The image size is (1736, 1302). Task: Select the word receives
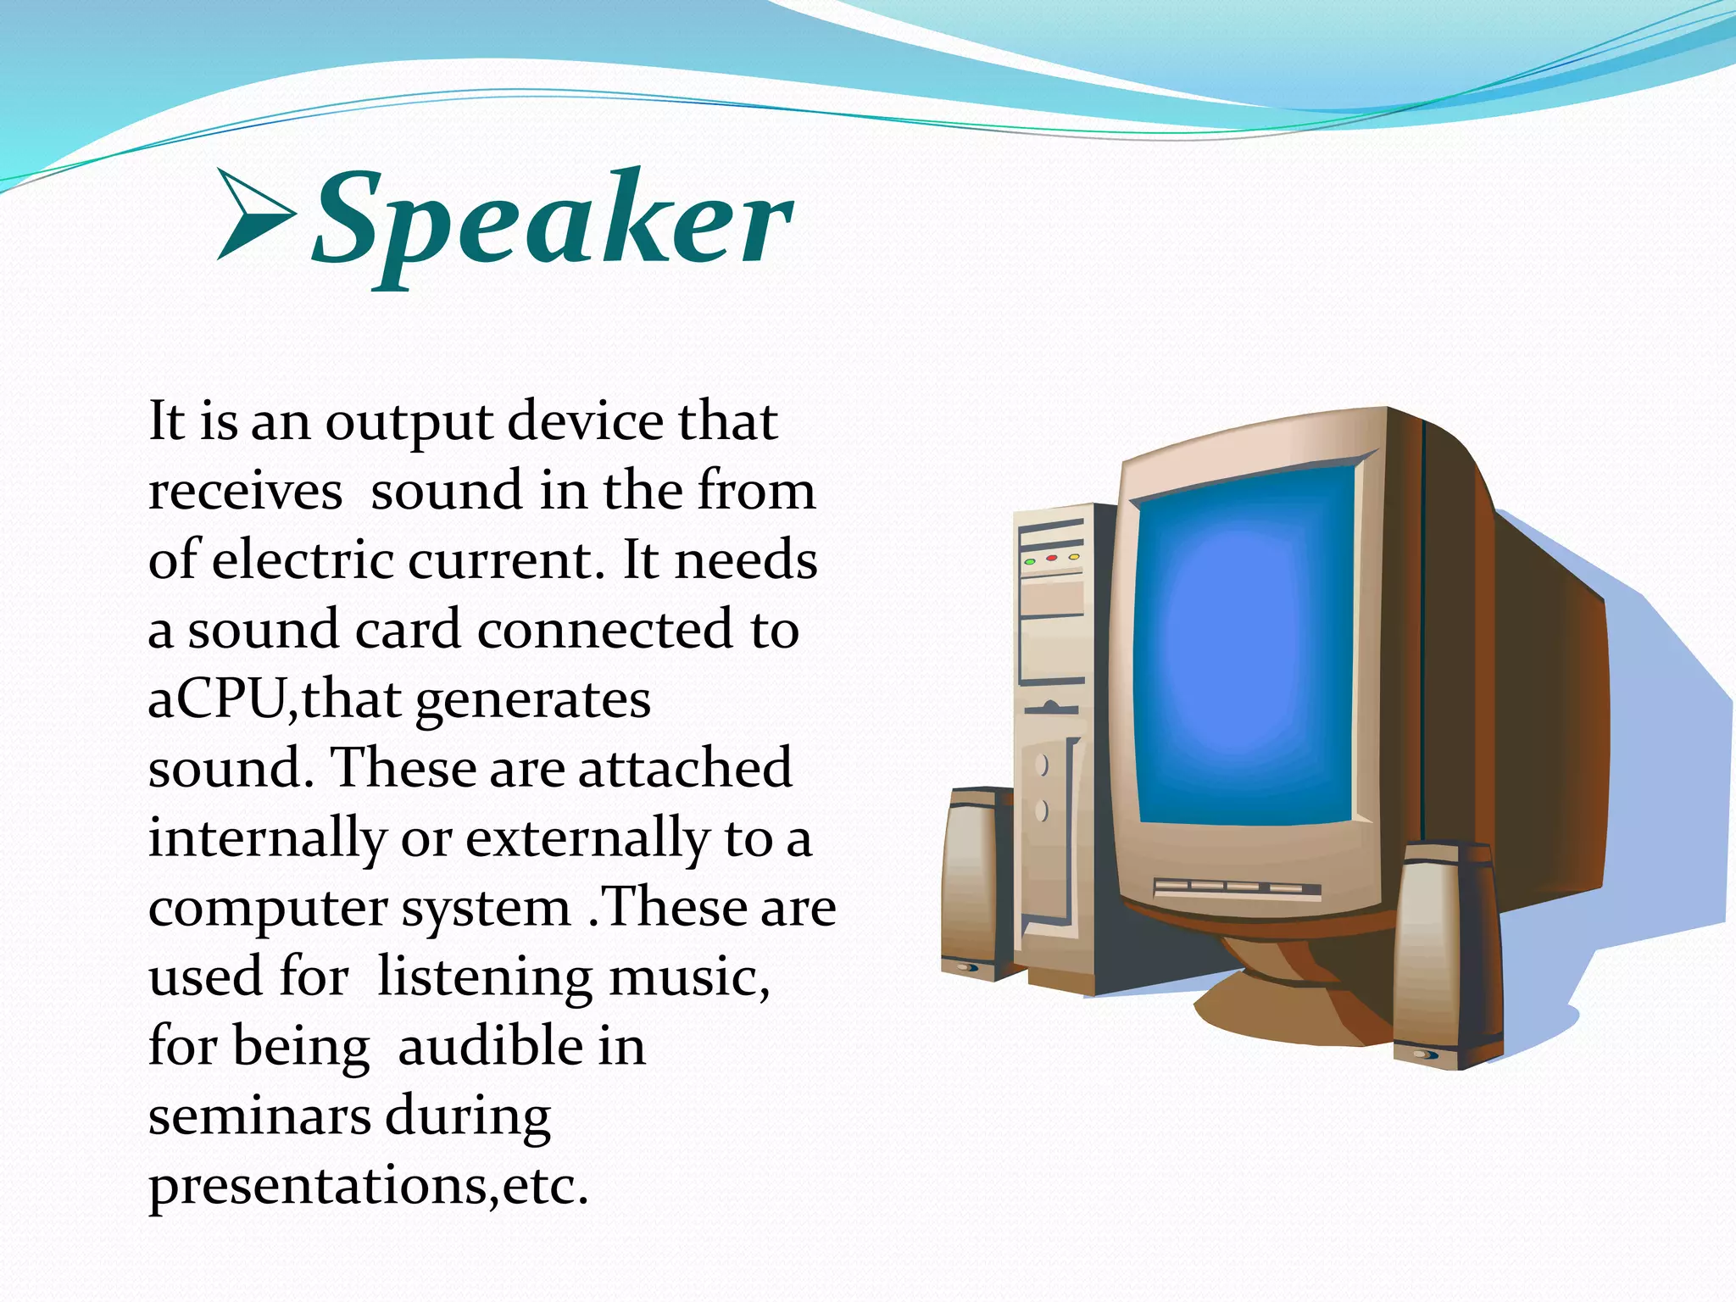click(x=245, y=492)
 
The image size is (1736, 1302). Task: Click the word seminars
click(x=259, y=1116)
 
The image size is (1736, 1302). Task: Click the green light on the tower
click(x=1030, y=562)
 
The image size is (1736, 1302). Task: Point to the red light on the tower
click(x=1052, y=559)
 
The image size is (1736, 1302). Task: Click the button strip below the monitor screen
click(x=1237, y=887)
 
